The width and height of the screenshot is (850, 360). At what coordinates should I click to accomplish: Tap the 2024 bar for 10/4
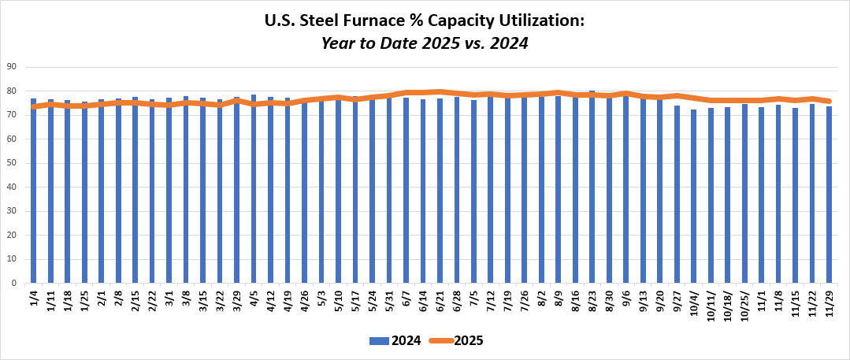pos(694,196)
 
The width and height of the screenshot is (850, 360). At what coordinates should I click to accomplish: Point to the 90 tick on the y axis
pos(13,67)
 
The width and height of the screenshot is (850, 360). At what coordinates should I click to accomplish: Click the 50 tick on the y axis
pos(13,163)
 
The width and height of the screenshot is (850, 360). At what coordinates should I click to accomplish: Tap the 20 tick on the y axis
pos(13,235)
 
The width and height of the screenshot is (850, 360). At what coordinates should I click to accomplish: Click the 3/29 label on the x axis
pos(236,302)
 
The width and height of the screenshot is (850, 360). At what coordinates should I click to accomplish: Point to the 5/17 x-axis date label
pos(355,302)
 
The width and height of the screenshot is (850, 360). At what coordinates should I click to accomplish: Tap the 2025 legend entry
pos(465,341)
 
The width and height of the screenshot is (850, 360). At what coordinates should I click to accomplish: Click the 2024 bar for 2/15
pos(135,190)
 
